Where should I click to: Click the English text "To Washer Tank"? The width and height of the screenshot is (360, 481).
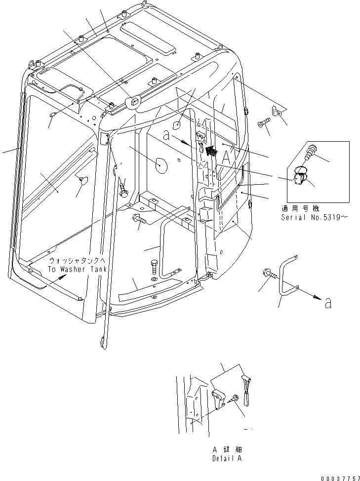(74, 269)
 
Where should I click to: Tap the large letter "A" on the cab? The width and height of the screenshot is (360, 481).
(226, 157)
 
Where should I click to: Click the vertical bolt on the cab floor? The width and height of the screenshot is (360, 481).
(155, 269)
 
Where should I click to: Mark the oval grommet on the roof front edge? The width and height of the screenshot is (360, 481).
(132, 102)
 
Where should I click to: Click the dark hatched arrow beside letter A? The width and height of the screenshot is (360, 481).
(211, 151)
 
